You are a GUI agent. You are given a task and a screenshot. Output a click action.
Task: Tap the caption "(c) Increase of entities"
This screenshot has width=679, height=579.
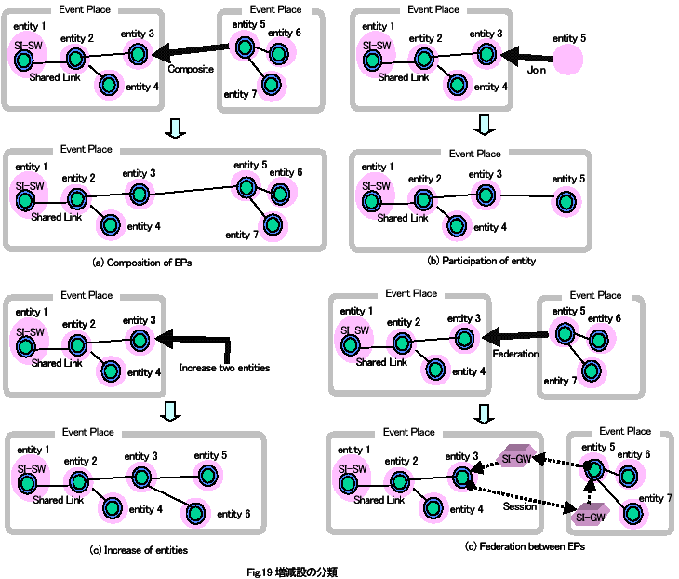pos(139,550)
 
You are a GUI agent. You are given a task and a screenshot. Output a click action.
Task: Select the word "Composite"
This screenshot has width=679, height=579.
pos(192,69)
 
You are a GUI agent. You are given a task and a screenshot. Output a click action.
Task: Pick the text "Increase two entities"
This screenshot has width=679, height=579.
pos(224,368)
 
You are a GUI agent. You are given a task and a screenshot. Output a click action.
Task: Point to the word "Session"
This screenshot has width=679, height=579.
pos(519,507)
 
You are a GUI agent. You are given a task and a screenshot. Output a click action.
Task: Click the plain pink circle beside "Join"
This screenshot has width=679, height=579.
pos(568,61)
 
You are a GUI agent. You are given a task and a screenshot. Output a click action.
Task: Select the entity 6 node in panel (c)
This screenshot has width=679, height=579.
pos(197,511)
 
